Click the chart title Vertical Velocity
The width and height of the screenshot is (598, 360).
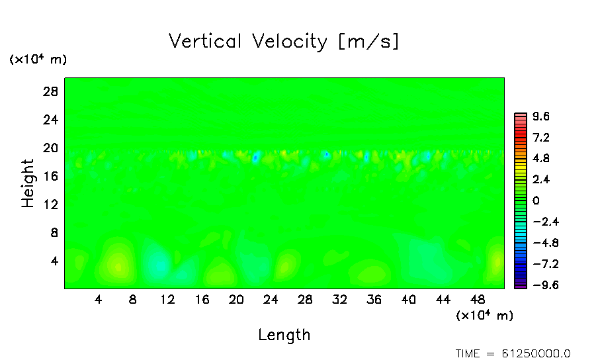pos(247,42)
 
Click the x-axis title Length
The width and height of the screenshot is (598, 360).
pos(284,335)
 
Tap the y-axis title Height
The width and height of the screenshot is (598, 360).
pos(28,183)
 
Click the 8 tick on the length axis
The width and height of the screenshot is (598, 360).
pos(133,300)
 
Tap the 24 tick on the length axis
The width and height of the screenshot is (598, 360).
pos(271,300)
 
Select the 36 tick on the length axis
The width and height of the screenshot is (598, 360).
pos(374,300)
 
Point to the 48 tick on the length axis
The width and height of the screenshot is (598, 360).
pos(477,300)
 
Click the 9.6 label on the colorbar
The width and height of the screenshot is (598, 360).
pos(541,117)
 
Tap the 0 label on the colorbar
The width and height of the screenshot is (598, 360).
pos(536,201)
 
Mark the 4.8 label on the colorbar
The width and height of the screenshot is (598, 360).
pos(541,159)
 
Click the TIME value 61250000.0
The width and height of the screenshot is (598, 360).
pos(536,353)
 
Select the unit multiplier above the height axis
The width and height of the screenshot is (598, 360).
pos(38,60)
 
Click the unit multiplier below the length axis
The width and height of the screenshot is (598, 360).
pos(484,316)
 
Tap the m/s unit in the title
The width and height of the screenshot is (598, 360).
pos(369,42)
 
